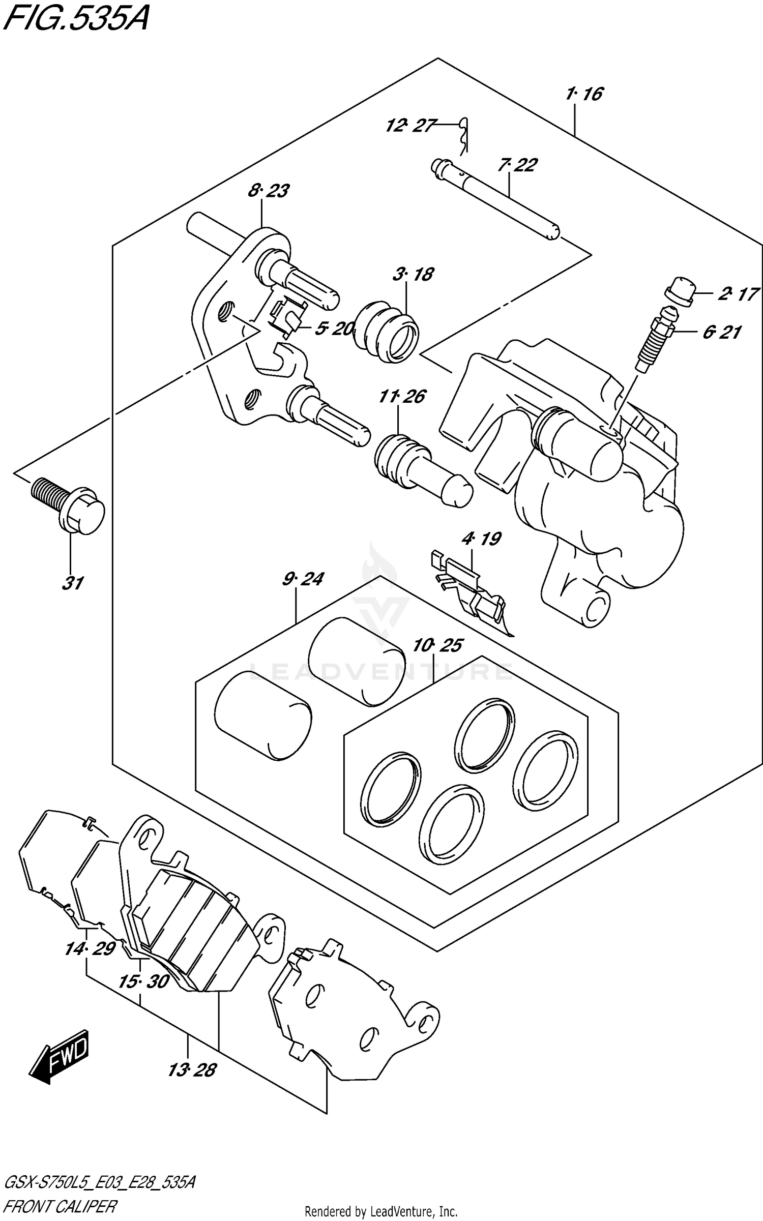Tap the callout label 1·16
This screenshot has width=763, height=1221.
point(583,94)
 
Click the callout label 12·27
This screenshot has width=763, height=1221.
point(411,125)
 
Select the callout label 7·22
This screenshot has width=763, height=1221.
point(517,165)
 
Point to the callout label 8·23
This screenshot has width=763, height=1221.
point(269,191)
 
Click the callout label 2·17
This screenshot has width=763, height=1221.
point(739,294)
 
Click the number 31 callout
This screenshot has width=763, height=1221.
point(72,583)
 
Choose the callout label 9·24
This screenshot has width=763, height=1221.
point(303,579)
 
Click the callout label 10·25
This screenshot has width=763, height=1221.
point(437,646)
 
